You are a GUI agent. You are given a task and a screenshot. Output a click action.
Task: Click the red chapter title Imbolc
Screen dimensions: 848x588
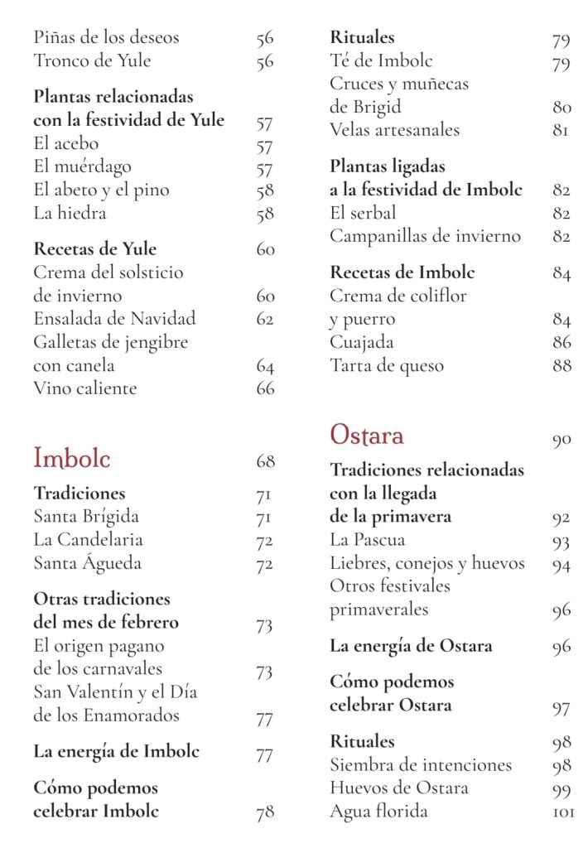pyautogui.click(x=72, y=458)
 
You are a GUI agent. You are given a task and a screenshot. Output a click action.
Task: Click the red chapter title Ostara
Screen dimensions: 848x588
pyautogui.click(x=367, y=435)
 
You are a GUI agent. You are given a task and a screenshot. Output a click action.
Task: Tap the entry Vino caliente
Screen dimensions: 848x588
pyautogui.click(x=85, y=388)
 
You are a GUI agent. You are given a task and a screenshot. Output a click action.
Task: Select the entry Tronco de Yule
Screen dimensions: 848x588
pyautogui.click(x=93, y=60)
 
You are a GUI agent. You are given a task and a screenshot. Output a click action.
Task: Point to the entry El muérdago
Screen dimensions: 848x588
pyautogui.click(x=83, y=167)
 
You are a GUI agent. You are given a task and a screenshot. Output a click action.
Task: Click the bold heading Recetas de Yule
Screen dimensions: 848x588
pyautogui.click(x=95, y=249)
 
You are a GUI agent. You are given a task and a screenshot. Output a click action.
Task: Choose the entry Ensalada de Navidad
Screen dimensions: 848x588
pyautogui.click(x=114, y=319)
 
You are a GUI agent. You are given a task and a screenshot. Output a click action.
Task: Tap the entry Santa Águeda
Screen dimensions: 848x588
pyautogui.click(x=88, y=563)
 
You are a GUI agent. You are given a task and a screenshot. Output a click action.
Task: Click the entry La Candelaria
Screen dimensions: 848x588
pyautogui.click(x=89, y=540)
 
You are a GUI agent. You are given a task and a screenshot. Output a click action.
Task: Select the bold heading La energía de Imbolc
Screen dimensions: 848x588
pyautogui.click(x=117, y=752)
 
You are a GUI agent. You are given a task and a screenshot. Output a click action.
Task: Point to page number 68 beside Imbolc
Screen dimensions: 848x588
pyautogui.click(x=265, y=461)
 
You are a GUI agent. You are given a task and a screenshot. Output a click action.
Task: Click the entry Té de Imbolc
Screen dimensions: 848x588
pyautogui.click(x=381, y=60)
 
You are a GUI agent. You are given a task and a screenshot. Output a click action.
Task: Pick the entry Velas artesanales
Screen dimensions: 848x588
pyautogui.click(x=394, y=130)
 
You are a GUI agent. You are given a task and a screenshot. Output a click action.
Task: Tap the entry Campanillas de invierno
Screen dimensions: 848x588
pyautogui.click(x=426, y=236)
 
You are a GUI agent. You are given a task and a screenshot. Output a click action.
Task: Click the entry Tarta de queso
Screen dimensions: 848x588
pyautogui.click(x=387, y=365)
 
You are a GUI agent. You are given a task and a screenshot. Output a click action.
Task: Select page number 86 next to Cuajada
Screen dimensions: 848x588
pyautogui.click(x=561, y=342)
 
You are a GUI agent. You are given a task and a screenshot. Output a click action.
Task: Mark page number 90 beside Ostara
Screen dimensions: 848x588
pyautogui.click(x=561, y=440)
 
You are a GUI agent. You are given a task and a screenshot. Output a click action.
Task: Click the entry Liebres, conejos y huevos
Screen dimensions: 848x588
pyautogui.click(x=427, y=564)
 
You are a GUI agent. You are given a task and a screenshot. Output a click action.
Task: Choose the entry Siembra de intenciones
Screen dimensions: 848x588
pyautogui.click(x=421, y=765)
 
